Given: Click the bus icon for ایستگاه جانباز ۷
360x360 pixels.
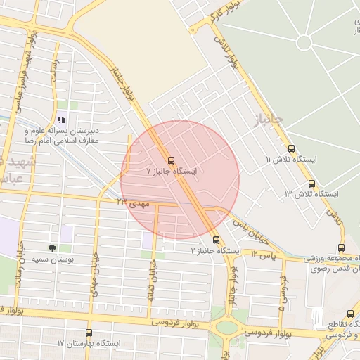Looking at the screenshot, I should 172,160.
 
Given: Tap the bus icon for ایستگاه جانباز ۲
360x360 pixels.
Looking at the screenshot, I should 216,240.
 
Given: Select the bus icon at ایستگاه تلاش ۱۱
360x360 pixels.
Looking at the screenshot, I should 292,148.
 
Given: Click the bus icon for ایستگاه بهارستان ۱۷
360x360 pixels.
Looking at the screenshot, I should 89,333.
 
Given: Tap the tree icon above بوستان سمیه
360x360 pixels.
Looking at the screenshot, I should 53,248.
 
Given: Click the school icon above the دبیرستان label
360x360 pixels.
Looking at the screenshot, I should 61,117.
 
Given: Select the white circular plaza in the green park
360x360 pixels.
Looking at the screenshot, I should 304,42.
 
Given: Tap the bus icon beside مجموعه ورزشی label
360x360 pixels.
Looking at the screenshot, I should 341,247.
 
